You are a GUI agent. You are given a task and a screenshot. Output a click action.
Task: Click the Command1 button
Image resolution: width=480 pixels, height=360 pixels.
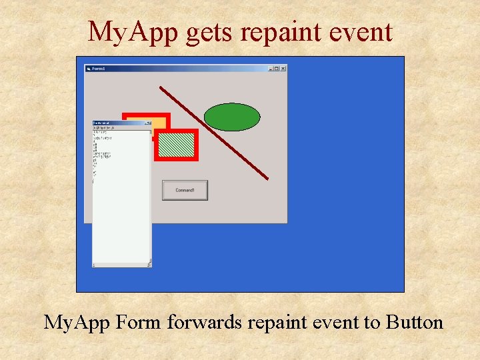pyautogui.click(x=185, y=190)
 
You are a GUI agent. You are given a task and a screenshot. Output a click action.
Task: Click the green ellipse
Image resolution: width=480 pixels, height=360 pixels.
pyautogui.click(x=231, y=117)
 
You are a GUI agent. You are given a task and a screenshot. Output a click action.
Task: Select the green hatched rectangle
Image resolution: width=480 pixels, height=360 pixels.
pyautogui.click(x=177, y=145)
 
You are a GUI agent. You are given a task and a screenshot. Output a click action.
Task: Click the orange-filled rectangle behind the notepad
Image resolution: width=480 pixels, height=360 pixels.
pyautogui.click(x=157, y=123)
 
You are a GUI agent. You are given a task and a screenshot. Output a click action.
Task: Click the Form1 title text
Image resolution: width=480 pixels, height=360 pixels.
pyautogui.click(x=99, y=68)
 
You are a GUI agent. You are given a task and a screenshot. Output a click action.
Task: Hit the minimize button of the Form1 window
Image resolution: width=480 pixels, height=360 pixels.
pyautogui.click(x=271, y=68)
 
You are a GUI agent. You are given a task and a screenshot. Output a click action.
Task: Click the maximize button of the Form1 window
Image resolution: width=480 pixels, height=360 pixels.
pyautogui.click(x=277, y=68)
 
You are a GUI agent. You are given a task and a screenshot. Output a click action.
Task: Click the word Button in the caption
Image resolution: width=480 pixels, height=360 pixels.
pyautogui.click(x=413, y=323)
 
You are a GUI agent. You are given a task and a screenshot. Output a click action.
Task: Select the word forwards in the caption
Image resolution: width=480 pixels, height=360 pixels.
pyautogui.click(x=205, y=323)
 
